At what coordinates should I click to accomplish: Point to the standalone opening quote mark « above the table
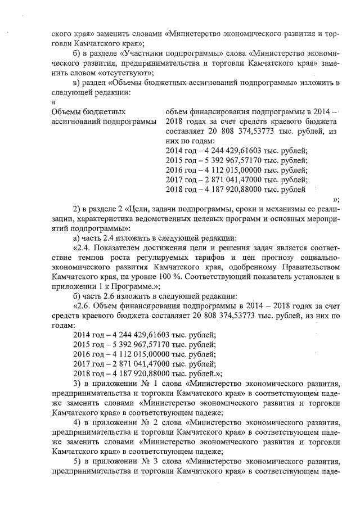[x=53, y=102]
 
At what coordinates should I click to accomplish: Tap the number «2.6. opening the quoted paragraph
[x=82, y=306]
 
